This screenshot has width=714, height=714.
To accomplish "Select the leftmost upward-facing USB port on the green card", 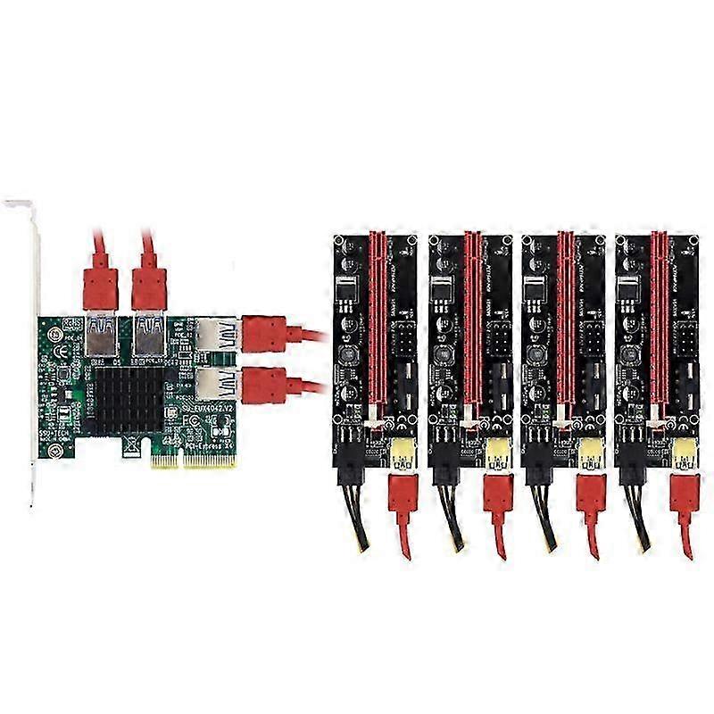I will click(101, 335).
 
